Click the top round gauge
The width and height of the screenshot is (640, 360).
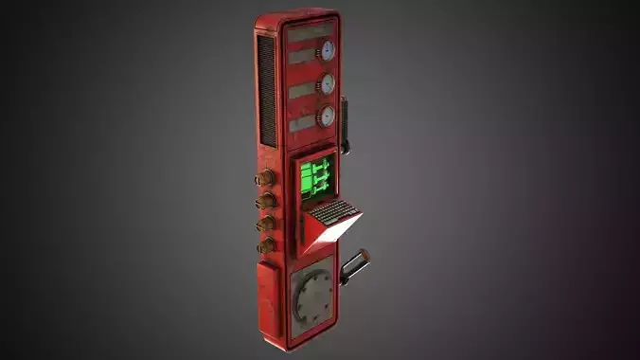(327, 51)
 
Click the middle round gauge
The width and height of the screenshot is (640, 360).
(328, 83)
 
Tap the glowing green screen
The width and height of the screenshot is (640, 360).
(315, 177)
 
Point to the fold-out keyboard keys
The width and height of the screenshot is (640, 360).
(334, 212)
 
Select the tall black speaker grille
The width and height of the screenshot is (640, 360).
(267, 90)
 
